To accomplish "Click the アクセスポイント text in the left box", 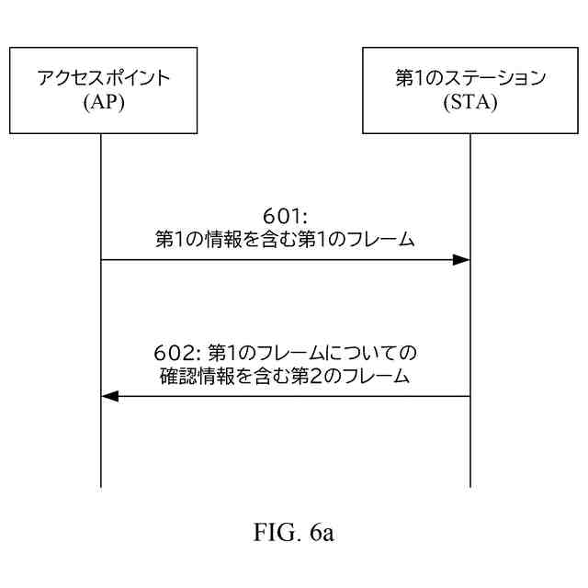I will [x=103, y=78].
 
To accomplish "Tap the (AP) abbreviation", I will [x=103, y=102].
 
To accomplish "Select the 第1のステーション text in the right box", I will [x=470, y=78].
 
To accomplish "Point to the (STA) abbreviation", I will [x=470, y=102].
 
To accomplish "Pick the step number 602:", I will [x=178, y=353].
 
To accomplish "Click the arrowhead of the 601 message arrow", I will [x=462, y=260].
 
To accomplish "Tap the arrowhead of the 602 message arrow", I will [x=109, y=396].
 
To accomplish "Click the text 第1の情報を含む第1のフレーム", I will [x=286, y=241].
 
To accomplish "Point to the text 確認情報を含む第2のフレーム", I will [x=286, y=375].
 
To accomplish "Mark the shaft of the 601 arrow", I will [x=276, y=260].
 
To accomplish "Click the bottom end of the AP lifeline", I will [x=101, y=485].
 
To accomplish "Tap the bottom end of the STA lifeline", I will [x=470, y=485].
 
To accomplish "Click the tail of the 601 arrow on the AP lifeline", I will [x=102, y=260].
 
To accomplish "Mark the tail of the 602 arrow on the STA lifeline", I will [x=469, y=396].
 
